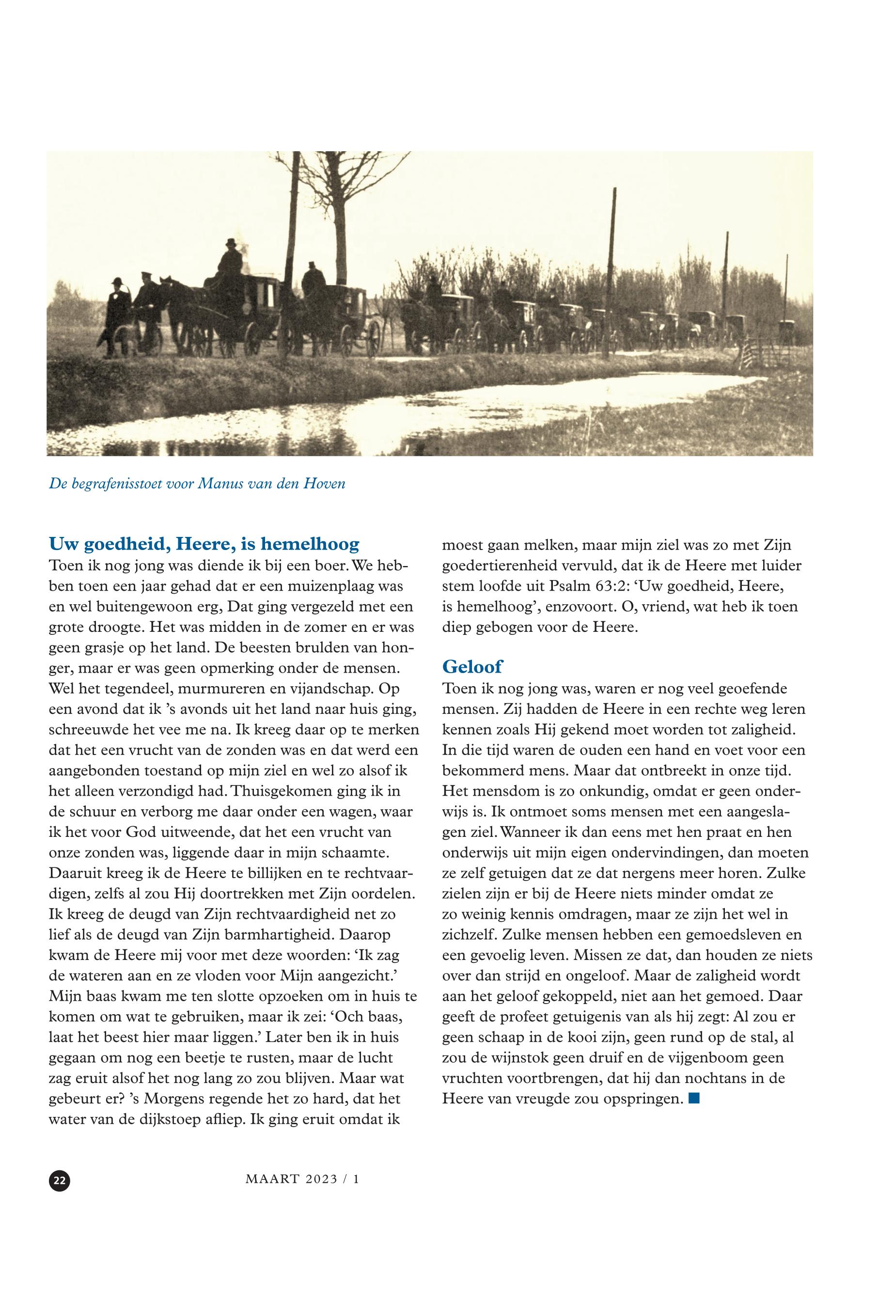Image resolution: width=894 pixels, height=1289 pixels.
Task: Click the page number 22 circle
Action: point(60,1180)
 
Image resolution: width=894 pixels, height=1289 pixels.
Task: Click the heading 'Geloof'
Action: point(472,667)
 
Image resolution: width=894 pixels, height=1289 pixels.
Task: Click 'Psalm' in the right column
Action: point(572,586)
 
